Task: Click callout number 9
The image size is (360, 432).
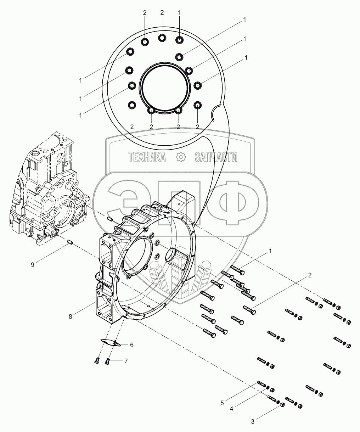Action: (x=33, y=265)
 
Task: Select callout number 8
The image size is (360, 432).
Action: (x=71, y=316)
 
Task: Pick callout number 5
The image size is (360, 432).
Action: (x=222, y=403)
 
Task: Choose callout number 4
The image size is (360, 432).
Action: (x=231, y=409)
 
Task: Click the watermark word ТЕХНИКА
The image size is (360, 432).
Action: (x=147, y=157)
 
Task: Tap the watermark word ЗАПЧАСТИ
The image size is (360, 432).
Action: (x=216, y=157)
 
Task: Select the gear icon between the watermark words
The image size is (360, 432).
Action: (x=180, y=157)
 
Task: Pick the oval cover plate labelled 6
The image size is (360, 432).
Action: (x=111, y=342)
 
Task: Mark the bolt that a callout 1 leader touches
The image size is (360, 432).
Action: (x=237, y=270)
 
